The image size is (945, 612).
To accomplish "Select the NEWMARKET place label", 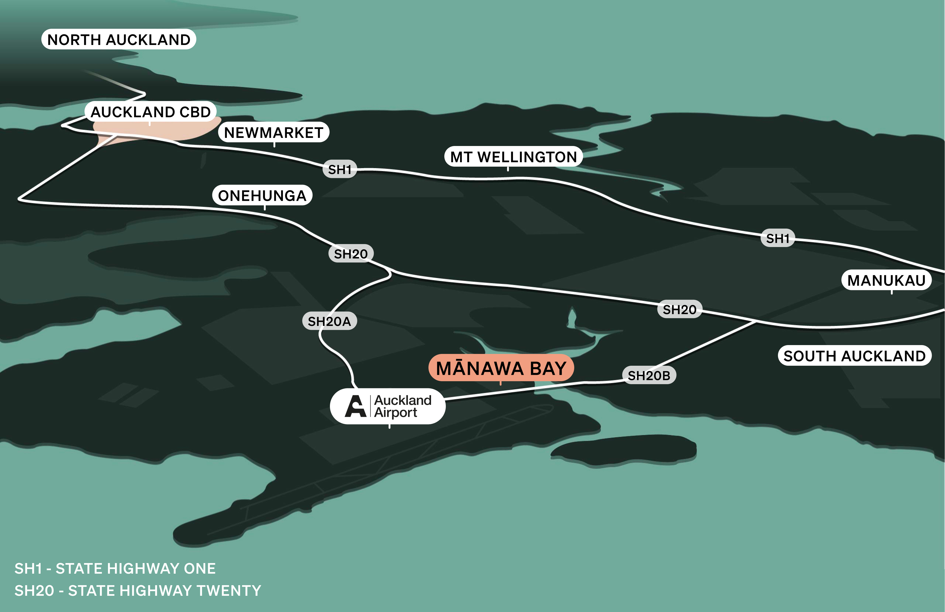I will point(274,132).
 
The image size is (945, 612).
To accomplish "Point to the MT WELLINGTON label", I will point(513,157).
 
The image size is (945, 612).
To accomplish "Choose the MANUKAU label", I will point(886,280).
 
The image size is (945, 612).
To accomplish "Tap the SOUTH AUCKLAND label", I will point(854,356).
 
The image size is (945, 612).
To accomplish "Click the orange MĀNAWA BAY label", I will point(501,368).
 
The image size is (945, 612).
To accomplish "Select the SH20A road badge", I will point(329,321).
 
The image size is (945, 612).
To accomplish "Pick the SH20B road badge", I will point(649,375).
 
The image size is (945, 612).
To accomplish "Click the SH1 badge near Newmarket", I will point(340,169).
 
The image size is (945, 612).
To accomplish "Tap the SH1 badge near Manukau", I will point(777,238).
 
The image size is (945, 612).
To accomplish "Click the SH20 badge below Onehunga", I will point(351,254).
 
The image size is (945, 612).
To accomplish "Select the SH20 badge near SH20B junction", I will point(679,309).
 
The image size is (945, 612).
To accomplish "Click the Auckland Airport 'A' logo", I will point(355,406).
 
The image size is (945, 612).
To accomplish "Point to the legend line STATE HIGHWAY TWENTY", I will point(138,591).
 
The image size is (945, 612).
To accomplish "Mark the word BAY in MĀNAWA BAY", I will point(548,368).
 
